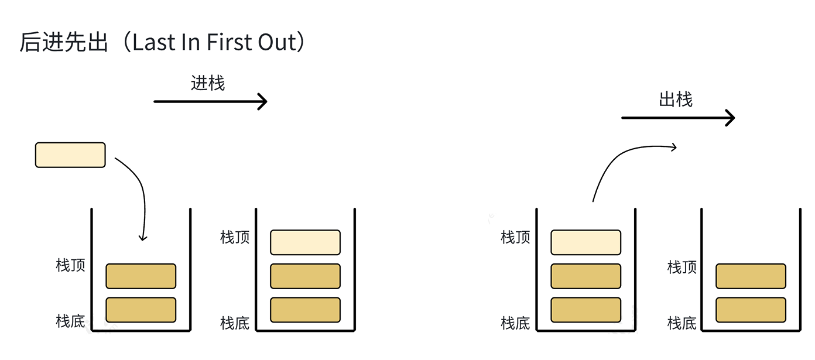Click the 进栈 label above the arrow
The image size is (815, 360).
[x=208, y=83]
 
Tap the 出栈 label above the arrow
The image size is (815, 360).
[x=676, y=100]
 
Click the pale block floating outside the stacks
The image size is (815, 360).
[x=70, y=155]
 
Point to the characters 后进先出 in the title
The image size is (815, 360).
[x=64, y=43]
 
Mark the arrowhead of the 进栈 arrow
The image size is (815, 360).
[x=263, y=102]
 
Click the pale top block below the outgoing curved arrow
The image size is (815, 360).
[x=585, y=242]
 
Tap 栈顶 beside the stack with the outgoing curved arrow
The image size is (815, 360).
[x=515, y=238]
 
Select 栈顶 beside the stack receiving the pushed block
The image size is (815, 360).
[x=70, y=265]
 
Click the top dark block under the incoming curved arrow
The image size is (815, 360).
[x=141, y=276]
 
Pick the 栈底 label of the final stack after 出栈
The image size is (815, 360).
[x=682, y=323]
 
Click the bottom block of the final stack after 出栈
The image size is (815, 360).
[x=751, y=310]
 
